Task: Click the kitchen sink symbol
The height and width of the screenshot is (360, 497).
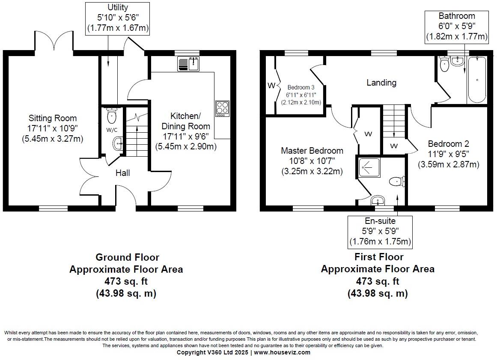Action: (x=188, y=63)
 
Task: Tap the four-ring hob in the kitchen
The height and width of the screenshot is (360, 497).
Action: (x=222, y=108)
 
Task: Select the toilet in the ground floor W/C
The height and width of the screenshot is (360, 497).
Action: (x=112, y=116)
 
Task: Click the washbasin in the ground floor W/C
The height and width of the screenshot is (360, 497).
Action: (x=118, y=143)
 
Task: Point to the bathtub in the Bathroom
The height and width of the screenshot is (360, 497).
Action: (x=477, y=80)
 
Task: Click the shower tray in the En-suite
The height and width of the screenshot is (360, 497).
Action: (x=369, y=167)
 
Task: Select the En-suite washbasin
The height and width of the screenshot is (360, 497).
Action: (x=378, y=200)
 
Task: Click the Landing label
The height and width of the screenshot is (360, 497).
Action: (x=381, y=83)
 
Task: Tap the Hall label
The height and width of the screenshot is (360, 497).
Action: (x=123, y=173)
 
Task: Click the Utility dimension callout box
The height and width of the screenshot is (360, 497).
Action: (x=118, y=18)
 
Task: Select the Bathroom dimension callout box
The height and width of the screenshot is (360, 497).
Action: (x=457, y=27)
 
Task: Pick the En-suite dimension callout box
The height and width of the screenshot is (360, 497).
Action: (x=380, y=232)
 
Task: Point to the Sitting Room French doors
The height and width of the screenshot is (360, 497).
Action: (x=54, y=41)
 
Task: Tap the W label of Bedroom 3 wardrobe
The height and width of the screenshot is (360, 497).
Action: (x=271, y=85)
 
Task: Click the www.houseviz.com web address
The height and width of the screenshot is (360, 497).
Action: (x=282, y=352)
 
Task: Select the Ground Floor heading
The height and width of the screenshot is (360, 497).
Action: (x=128, y=257)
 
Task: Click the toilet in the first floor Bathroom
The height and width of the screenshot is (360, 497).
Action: (x=444, y=64)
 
